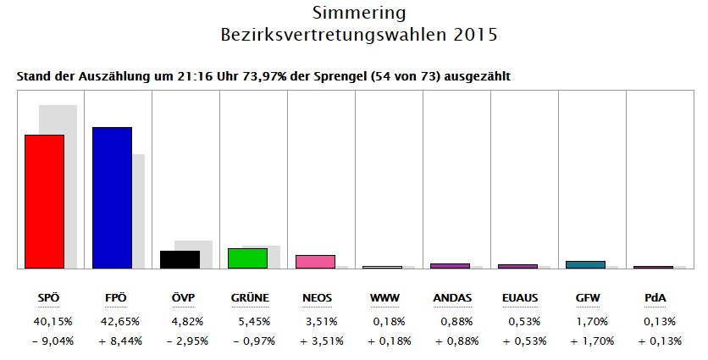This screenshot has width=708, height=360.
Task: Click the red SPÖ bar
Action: pos(44,202)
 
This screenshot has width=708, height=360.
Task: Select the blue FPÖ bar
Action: pos(112,197)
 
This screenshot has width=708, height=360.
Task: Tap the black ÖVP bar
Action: pos(180,259)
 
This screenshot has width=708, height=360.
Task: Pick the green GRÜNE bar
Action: pos(247,258)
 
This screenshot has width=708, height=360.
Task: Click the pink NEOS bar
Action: pos(315,261)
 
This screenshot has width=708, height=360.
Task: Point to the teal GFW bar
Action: pos(585,264)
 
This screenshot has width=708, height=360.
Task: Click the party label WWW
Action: pos(383,298)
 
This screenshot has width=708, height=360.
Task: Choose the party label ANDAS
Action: pos(451,298)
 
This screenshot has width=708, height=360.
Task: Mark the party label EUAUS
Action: pos(517,298)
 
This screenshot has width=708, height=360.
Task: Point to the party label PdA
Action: pos(653,298)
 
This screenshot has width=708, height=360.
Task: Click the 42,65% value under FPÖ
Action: pos(112,321)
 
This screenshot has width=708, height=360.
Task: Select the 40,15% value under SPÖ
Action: pos(44,321)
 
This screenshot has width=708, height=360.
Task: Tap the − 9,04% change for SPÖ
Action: pos(44,341)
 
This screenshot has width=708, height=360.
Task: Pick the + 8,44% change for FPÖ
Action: pos(112,341)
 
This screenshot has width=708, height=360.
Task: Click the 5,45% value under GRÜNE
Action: pos(247,321)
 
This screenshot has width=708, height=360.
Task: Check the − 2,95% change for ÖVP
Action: pos(180,341)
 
